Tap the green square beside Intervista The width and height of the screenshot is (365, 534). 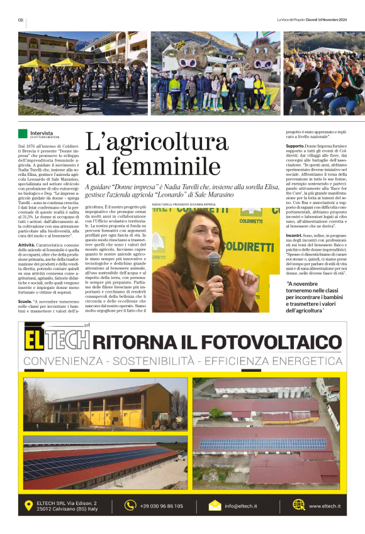coord(23,133)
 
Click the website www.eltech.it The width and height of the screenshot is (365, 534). coord(325,506)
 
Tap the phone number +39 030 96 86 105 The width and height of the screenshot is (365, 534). coord(162,506)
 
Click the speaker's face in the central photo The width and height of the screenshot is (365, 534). coord(215,230)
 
